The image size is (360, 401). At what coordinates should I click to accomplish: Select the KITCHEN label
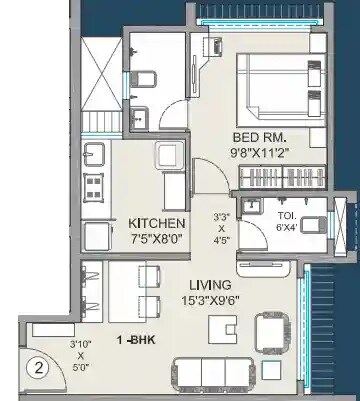156,222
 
